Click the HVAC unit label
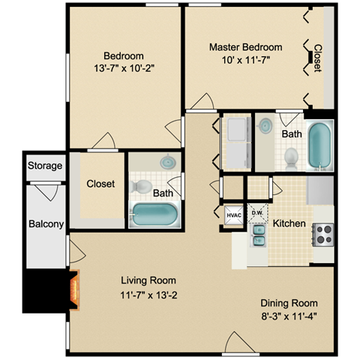click(234, 215)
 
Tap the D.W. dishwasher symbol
click(257, 213)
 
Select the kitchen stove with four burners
click(323, 235)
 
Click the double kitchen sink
click(259, 235)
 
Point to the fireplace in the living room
click(74, 289)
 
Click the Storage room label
click(45, 166)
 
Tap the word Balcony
click(46, 224)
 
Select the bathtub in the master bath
click(319, 145)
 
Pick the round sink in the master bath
click(265, 126)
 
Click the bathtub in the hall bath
click(154, 214)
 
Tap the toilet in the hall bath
click(141, 186)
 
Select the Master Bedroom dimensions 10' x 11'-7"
click(246, 60)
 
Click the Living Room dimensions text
click(148, 295)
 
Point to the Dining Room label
click(289, 303)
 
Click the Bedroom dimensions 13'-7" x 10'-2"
click(124, 68)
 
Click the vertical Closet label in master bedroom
click(318, 58)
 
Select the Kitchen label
click(289, 223)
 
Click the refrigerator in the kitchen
click(320, 190)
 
